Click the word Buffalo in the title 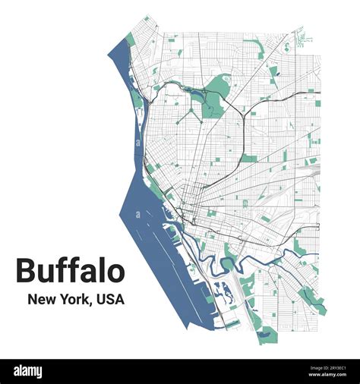point(70,271)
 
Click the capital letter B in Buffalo point(27,271)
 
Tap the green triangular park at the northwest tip point(131,39)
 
